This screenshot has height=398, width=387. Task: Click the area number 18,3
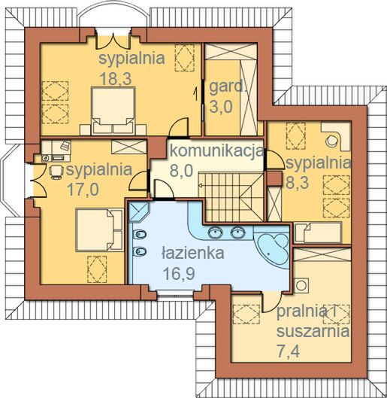[116, 78]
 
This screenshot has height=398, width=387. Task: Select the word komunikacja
[217, 151]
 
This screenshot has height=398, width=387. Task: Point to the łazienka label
[193, 253]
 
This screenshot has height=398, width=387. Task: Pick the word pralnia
[301, 311]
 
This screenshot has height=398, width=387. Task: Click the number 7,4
[289, 352]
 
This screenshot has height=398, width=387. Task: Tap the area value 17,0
[83, 190]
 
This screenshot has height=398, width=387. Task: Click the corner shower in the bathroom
[138, 211]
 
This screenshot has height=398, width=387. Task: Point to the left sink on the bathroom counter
[215, 232]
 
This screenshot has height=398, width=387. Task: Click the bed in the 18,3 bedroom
[113, 111]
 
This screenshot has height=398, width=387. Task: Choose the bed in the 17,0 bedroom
[100, 229]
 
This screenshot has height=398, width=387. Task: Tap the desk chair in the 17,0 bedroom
[56, 172]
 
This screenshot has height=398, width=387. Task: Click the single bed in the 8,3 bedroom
[319, 232]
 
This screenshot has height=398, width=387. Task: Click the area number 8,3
[298, 182]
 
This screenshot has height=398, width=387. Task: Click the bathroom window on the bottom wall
[175, 295]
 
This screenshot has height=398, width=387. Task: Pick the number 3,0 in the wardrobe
[221, 106]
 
